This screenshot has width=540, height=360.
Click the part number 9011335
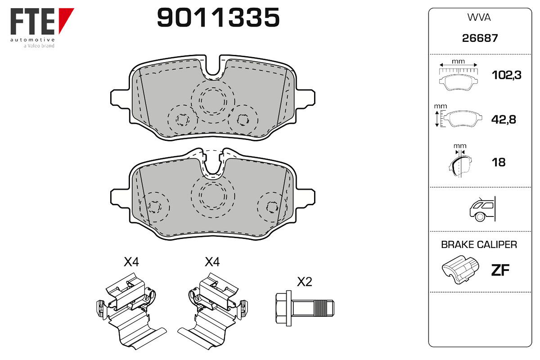pyautogui.click(x=218, y=18)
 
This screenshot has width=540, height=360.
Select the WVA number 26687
pyautogui.click(x=480, y=38)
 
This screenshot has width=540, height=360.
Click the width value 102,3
pyautogui.click(x=507, y=75)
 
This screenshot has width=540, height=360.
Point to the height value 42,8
pyautogui.click(x=504, y=119)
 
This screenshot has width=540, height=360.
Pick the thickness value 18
pyautogui.click(x=499, y=162)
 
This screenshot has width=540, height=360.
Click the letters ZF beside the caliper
pyautogui.click(x=500, y=270)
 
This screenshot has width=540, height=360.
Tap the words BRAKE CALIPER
pyautogui.click(x=479, y=245)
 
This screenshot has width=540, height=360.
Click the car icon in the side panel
pyautogui.click(x=482, y=209)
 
